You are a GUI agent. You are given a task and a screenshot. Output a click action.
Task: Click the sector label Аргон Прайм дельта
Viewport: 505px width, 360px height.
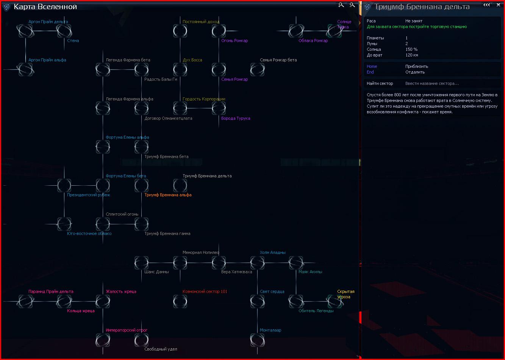48,22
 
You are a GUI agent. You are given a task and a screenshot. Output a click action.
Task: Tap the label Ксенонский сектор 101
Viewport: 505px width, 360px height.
205,291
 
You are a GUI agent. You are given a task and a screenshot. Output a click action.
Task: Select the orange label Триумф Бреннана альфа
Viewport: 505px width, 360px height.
168,195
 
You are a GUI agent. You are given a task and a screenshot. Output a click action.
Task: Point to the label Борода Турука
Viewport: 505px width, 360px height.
236,118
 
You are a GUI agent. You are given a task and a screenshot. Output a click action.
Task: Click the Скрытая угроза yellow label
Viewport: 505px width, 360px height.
346,294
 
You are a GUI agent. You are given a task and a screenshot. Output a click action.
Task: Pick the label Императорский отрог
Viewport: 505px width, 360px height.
127,330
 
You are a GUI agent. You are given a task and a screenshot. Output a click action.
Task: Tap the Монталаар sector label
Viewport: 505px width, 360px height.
270,330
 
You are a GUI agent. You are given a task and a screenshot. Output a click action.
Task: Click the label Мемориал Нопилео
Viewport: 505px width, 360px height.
201,252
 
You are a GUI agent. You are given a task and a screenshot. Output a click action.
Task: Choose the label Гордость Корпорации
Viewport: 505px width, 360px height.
204,99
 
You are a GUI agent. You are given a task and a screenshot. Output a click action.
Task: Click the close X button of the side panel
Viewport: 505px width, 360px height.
498,5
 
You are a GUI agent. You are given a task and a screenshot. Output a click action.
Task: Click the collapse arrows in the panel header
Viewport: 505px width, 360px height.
486,5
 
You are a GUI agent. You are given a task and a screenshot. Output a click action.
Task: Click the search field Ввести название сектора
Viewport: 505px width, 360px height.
432,83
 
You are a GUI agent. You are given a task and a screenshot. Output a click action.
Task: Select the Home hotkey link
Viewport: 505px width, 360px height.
372,66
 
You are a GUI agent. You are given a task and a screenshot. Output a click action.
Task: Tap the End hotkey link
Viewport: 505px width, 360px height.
370,72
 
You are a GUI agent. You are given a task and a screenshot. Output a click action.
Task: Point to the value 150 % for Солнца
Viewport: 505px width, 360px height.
411,49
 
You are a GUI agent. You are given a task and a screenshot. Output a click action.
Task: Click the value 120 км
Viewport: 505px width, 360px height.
412,55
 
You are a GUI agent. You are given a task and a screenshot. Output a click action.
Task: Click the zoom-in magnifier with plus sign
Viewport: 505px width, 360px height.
341,5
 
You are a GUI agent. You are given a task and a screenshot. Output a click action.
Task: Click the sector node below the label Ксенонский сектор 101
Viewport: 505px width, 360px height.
180,301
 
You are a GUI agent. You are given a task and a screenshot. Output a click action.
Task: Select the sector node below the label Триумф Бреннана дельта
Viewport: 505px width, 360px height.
180,185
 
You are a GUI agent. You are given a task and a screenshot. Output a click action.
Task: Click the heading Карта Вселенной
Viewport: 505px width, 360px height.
45,7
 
